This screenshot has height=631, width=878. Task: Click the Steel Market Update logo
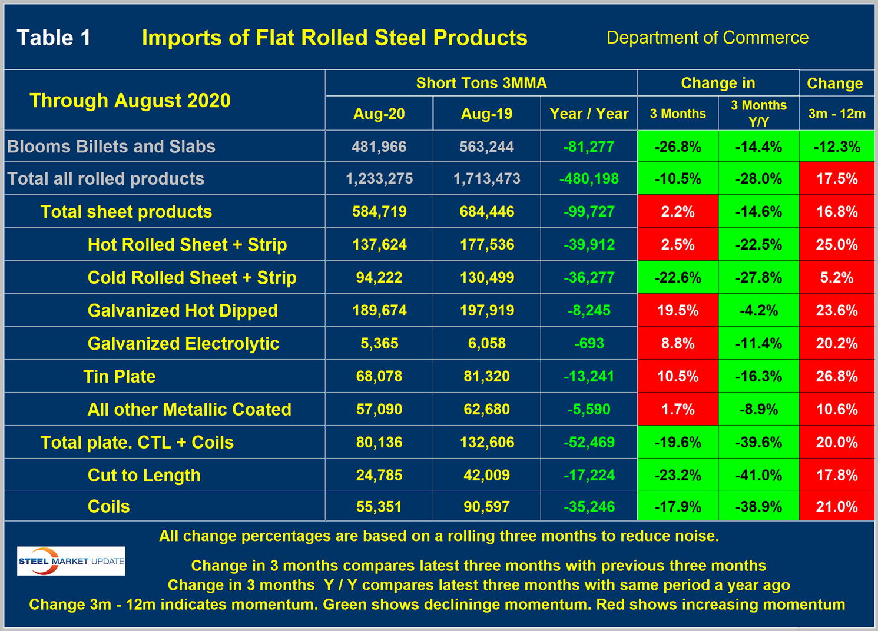pos(71,561)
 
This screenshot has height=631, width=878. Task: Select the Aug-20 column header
pos(379,114)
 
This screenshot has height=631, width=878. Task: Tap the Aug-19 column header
pos(486,114)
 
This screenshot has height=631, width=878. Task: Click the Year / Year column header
pos(589,114)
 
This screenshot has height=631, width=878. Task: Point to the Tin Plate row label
pos(120,376)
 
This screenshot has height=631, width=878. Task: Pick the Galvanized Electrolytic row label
pos(183,343)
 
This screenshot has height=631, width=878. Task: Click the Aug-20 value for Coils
pos(379,506)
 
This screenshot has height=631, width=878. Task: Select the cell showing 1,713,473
pos(486,178)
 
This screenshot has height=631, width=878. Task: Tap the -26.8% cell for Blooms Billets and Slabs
pos(678,147)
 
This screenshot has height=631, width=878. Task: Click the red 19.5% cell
pos(678,310)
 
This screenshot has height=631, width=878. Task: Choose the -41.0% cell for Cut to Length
pos(758,475)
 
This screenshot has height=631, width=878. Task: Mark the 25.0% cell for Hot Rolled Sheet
pos(836,244)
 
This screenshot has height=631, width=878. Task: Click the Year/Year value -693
pos(589,343)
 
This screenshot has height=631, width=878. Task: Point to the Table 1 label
pos(54,38)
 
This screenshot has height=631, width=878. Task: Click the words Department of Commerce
pos(707,38)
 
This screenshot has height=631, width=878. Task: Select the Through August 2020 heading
pos(130,100)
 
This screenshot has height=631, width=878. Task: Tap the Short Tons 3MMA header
pos(481,83)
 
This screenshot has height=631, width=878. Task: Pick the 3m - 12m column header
pos(836,114)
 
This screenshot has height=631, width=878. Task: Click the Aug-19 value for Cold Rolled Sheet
pos(486,277)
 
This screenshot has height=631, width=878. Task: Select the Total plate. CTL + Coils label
pos(137,442)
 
